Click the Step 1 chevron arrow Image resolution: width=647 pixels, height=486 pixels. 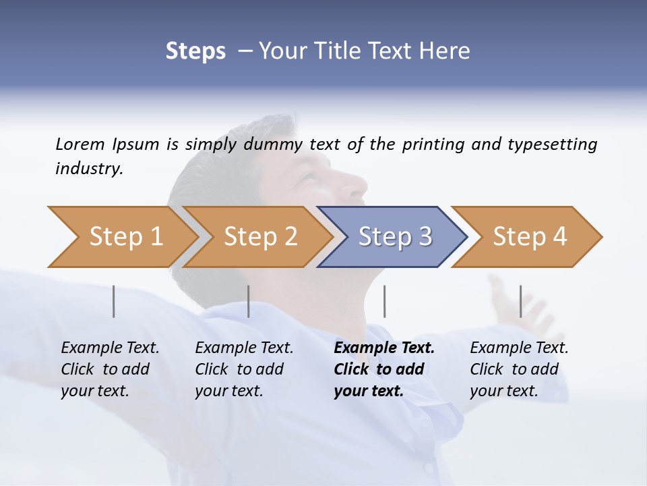click(x=121, y=237)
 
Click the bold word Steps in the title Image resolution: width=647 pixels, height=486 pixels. click(x=195, y=51)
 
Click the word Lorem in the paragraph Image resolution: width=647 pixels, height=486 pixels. click(x=80, y=144)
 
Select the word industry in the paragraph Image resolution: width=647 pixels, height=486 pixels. click(x=89, y=168)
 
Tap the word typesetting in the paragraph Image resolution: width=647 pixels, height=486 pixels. click(x=552, y=144)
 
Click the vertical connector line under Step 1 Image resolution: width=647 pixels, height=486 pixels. click(x=114, y=301)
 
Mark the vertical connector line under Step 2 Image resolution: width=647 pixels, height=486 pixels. click(x=249, y=301)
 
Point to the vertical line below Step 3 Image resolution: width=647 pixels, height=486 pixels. click(x=384, y=301)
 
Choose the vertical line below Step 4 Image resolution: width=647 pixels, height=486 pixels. click(x=520, y=301)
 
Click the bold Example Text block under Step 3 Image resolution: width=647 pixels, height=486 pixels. click(x=383, y=369)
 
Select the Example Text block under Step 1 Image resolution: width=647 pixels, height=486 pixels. click(x=110, y=369)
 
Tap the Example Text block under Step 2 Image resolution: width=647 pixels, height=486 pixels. click(x=244, y=369)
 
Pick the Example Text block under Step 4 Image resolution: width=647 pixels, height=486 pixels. click(x=518, y=369)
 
